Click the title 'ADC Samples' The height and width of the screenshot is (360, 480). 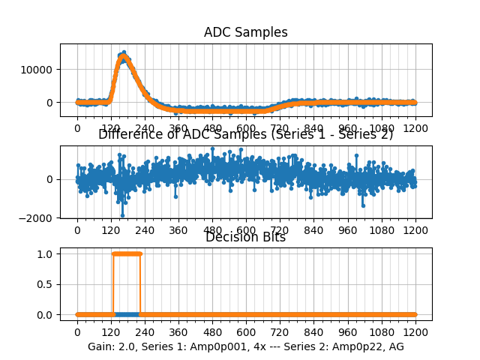click(x=245, y=32)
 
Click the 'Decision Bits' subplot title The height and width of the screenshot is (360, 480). click(x=245, y=238)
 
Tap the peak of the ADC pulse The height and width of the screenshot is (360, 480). click(x=123, y=55)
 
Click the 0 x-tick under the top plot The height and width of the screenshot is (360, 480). click(x=76, y=128)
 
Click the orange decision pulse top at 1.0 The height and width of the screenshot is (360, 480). click(x=126, y=253)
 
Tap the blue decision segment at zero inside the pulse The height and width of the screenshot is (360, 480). click(x=126, y=314)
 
